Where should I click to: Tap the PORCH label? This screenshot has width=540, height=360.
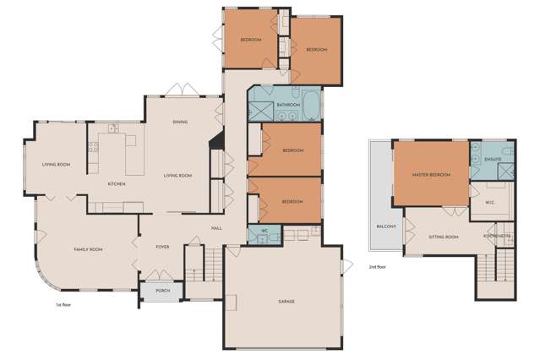162,291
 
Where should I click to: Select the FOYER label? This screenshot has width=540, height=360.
163,247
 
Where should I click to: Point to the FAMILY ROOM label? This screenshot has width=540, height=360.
88,249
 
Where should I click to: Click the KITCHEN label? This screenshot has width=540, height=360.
117,183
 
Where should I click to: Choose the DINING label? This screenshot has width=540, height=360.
180,123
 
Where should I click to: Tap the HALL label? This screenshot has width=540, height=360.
215,227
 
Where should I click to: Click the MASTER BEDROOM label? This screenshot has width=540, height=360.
431,175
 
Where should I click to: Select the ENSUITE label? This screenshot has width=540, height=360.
494,159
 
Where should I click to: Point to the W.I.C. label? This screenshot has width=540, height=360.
489,201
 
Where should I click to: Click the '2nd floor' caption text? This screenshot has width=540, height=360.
379,267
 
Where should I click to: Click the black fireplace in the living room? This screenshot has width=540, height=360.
216,141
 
